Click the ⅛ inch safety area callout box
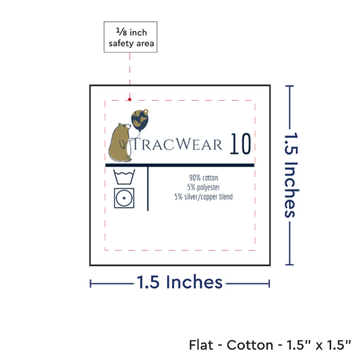coord(130,37)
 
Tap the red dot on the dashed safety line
coord(130,99)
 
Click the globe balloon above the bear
coord(140,120)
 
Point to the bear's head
coord(124,127)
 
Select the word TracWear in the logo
coord(177,144)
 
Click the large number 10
coord(240,144)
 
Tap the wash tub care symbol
coord(124,177)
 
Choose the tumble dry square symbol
coord(124,198)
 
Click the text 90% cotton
coord(204,177)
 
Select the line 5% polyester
coord(204,187)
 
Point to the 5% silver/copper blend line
coord(204,197)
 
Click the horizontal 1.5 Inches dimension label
coord(179,282)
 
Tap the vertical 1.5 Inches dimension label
coord(291,175)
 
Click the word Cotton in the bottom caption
coord(250,345)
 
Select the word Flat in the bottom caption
coord(201,345)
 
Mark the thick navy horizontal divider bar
coord(180,165)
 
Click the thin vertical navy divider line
coord(148,189)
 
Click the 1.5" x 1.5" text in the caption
coord(319,345)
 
